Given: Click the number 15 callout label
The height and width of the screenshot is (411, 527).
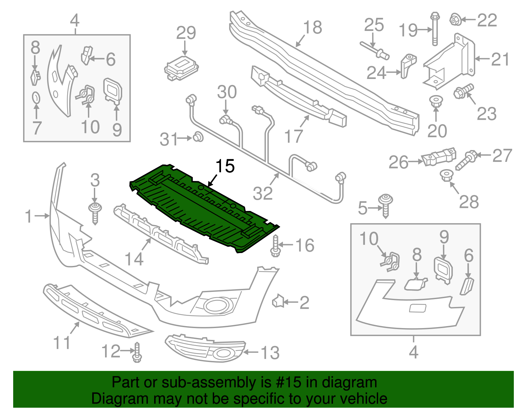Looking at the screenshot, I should [x=225, y=166].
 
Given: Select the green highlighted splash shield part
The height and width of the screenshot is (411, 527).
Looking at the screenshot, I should [x=201, y=207].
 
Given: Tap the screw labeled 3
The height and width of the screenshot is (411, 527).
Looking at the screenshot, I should [x=95, y=212].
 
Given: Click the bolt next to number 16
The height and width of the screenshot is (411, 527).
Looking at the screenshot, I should [x=275, y=247].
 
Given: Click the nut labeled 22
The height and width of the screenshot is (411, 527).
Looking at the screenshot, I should [x=455, y=19].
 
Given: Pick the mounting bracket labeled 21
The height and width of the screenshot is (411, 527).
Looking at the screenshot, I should [x=450, y=63].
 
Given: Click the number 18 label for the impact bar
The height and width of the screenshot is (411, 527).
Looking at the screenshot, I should [x=312, y=28].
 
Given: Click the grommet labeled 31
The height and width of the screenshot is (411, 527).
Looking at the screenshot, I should [x=198, y=137].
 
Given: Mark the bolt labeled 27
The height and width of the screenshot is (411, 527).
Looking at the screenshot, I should [x=466, y=160].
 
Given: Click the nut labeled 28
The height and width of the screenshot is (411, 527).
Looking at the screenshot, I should [x=446, y=175].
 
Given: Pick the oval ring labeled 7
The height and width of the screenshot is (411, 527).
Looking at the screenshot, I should [x=36, y=98].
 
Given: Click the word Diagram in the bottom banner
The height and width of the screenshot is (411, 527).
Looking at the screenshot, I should [x=110, y=398].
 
